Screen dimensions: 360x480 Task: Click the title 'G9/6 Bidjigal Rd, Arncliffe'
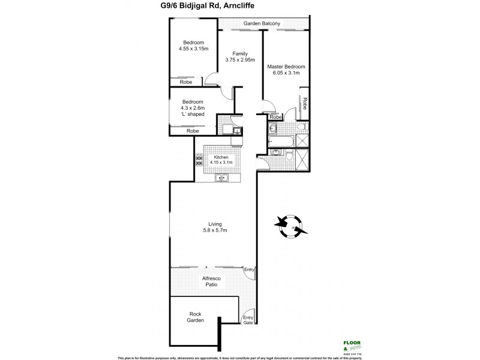point(240,6)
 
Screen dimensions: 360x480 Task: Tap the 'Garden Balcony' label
point(263,24)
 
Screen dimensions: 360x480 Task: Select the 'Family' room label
point(239,53)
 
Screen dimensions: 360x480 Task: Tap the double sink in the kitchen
point(222,177)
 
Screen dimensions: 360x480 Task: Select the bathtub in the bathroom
point(281,141)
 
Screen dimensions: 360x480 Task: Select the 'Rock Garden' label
point(195,316)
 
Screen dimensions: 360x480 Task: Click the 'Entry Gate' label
point(247,320)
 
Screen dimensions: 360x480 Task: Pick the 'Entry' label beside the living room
point(249,269)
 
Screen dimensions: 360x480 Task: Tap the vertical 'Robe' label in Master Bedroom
point(305,103)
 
